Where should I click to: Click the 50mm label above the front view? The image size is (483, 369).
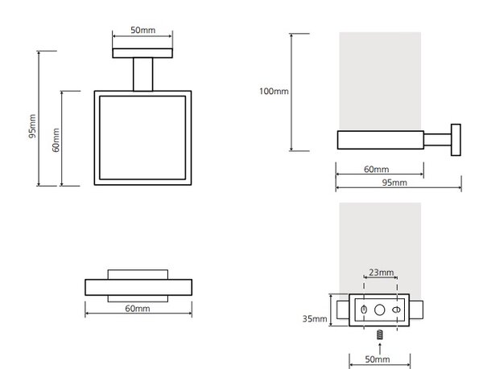pyautogui.click(x=142, y=30)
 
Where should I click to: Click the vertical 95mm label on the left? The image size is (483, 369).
pyautogui.click(x=32, y=126)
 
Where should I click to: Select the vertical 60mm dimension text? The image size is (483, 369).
pyautogui.click(x=56, y=140)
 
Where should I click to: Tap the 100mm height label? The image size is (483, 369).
pyautogui.click(x=274, y=92)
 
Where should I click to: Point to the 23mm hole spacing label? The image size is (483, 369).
pyautogui.click(x=382, y=273)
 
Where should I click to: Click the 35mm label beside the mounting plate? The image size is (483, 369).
pyautogui.click(x=315, y=318)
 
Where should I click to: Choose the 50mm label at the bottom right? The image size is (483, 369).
pyautogui.click(x=378, y=359)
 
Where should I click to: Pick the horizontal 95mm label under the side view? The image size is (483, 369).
pyautogui.click(x=394, y=182)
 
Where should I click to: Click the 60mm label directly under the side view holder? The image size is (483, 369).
pyautogui.click(x=377, y=169)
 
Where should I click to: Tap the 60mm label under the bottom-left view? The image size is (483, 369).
pyautogui.click(x=138, y=309)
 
